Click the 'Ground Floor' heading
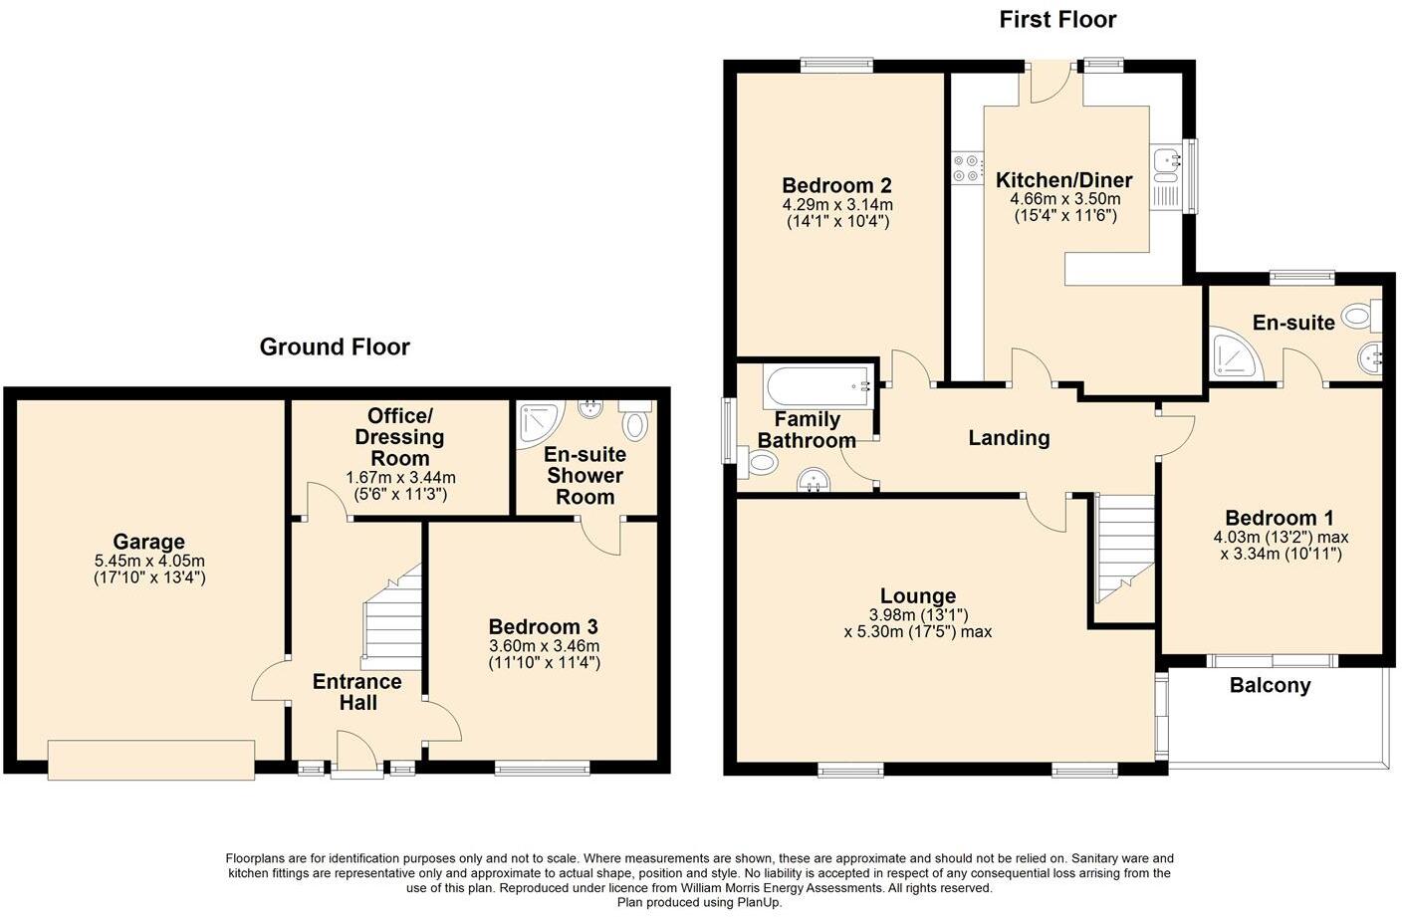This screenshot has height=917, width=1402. [335, 346]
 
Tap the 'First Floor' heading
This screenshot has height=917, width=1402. [1057, 19]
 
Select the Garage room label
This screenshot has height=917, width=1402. [148, 542]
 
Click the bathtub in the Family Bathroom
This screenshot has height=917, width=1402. [817, 383]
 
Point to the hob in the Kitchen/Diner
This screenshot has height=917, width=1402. [966, 168]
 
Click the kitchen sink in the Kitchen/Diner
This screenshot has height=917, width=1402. [1165, 159]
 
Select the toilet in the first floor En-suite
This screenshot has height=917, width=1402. [1359, 318]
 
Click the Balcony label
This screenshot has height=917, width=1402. [1270, 685]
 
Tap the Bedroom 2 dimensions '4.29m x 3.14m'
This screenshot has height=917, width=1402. [836, 205]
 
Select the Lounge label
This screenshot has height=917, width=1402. [917, 596]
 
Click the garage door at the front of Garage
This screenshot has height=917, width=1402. [151, 760]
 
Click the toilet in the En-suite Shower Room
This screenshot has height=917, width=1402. [634, 423]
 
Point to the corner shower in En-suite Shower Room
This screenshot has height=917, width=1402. [539, 423]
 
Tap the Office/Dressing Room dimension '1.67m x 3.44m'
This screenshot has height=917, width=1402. [400, 478]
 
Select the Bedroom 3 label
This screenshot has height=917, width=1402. [543, 626]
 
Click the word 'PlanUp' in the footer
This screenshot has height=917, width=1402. [758, 902]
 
